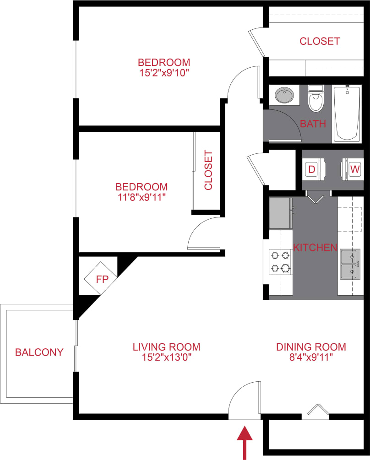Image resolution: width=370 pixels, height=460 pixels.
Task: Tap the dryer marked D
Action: pos(312,169)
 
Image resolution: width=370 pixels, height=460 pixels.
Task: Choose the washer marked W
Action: pos(354,169)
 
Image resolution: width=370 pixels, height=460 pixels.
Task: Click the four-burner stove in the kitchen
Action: pos(280,261)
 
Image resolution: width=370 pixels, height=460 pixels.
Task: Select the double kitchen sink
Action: pos(350,264)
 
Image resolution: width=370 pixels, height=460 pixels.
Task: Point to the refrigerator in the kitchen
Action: pos(281,213)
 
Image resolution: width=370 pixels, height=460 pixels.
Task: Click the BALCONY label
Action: pos(39,352)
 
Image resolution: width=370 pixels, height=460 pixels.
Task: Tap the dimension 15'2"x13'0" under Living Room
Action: pos(166,357)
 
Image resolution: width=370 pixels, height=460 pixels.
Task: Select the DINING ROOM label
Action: pos(311,347)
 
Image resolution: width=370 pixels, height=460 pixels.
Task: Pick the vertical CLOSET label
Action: pos(208,170)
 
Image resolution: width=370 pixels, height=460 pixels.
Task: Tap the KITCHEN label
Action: pos(315,248)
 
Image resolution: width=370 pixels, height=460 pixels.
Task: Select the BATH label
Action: pos(313,124)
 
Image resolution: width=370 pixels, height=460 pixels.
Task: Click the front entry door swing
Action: pos(245,400)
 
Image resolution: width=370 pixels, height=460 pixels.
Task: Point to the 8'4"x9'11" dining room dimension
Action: pos(311,357)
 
